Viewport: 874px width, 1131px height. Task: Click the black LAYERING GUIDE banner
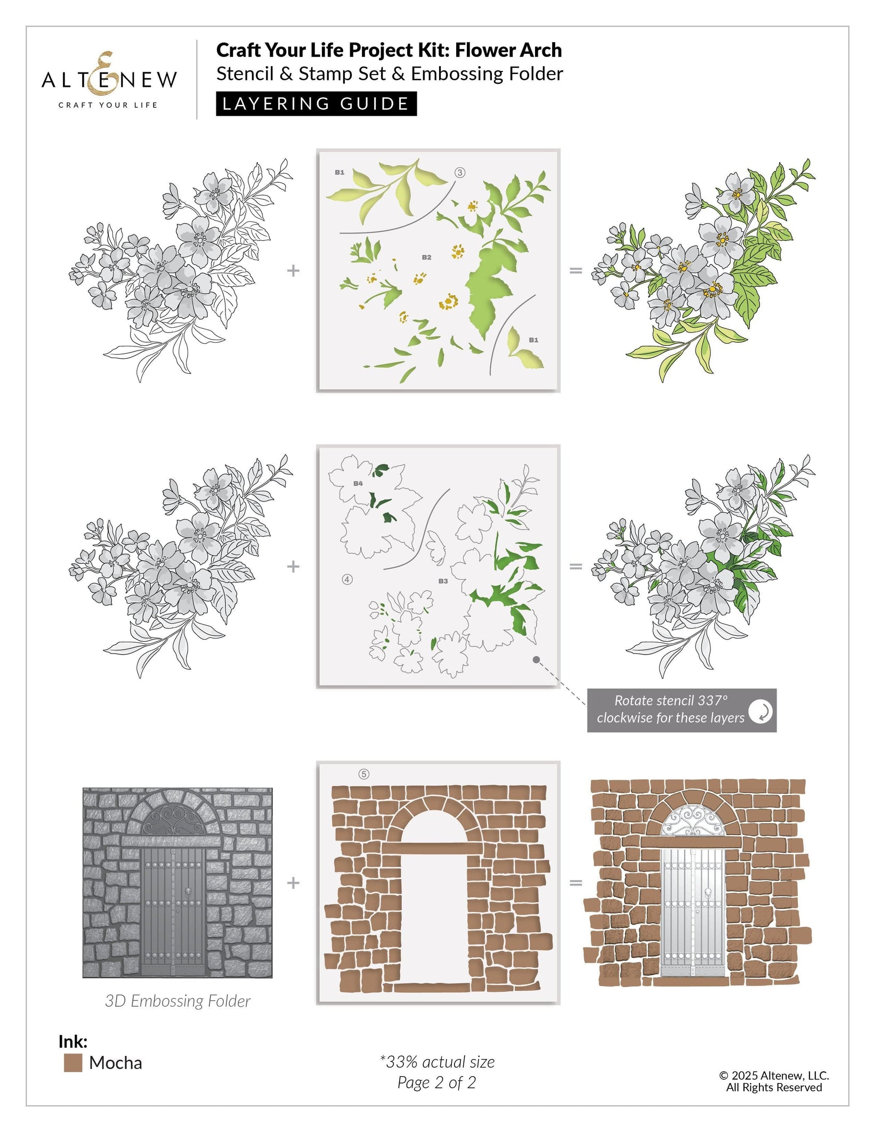click(316, 103)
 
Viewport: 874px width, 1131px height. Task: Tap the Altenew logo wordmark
click(109, 79)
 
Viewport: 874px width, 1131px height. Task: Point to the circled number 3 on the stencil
click(460, 172)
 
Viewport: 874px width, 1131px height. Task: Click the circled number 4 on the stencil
click(347, 579)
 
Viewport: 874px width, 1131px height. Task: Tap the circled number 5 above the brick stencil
click(364, 774)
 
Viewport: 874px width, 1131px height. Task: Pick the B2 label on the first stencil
click(426, 257)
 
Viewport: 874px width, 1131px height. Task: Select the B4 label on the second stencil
click(358, 483)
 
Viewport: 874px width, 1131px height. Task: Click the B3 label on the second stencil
click(443, 581)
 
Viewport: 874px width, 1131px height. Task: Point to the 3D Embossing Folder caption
click(177, 1001)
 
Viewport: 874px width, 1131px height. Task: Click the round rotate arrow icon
click(760, 711)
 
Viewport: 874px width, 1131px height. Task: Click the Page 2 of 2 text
click(436, 1082)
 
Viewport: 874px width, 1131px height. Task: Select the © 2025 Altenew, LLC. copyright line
click(774, 1076)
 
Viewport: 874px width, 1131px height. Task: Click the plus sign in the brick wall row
click(293, 883)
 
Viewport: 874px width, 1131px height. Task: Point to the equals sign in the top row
click(576, 271)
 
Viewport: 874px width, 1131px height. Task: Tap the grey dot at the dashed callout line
click(537, 660)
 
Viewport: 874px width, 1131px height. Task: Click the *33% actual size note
click(437, 1062)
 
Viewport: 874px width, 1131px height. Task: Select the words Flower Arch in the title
click(508, 50)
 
